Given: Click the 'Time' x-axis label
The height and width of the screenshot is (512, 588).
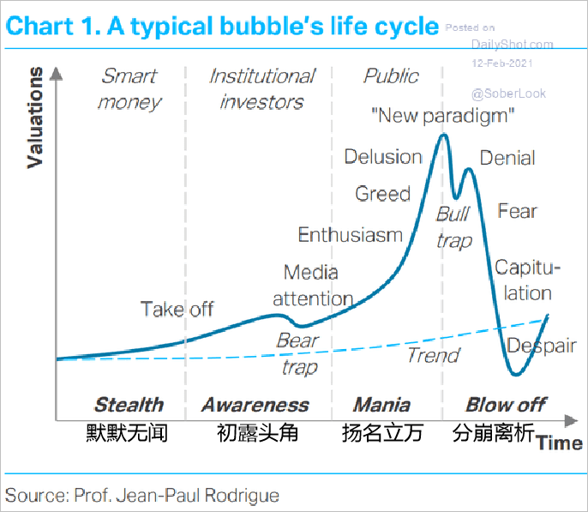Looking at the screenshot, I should tap(560, 443).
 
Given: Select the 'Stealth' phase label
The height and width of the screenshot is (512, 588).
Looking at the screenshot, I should tap(129, 405).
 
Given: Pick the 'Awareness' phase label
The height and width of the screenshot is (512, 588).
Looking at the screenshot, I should tap(255, 405).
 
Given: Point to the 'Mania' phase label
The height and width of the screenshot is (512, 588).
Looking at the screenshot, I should tap(381, 405).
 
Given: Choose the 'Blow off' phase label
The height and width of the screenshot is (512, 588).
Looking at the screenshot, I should tap(506, 405).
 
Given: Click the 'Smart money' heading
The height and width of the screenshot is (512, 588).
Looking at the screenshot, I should tap(129, 89).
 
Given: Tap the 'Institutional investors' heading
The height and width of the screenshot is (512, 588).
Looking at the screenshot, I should tap(261, 89).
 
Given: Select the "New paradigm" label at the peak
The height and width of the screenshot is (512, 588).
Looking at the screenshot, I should tap(442, 114).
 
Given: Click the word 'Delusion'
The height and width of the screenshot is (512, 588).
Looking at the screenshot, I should tap(383, 157).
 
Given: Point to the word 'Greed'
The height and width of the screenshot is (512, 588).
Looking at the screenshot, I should tap(383, 194).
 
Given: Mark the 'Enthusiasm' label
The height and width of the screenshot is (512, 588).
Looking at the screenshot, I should tap(350, 235).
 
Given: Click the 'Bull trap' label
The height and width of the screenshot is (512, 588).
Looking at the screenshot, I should tap(453, 227).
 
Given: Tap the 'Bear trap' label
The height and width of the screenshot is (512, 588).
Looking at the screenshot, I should tap(297, 354).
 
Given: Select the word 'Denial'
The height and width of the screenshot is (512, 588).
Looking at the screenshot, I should tap(507, 158).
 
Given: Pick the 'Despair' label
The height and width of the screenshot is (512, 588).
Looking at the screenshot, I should tap(541, 346).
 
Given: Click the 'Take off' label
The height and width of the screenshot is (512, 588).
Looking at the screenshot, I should tap(177, 309).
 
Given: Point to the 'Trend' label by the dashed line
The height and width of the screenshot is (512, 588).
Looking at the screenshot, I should tap(433, 355).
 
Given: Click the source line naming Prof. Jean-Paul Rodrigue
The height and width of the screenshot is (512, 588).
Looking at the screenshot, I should tap(142, 495).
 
